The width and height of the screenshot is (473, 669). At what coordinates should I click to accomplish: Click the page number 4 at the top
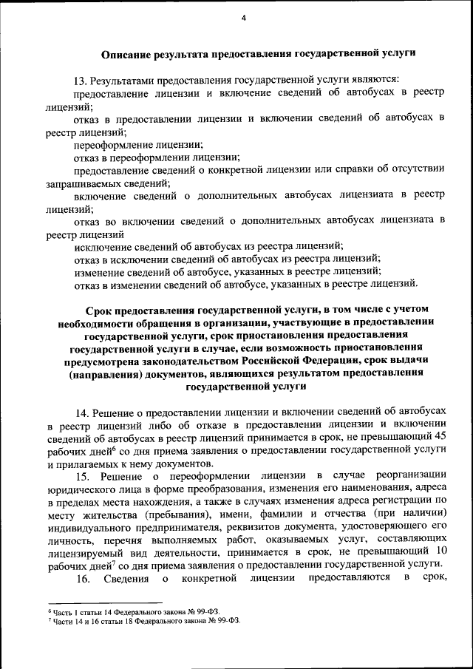point(242,18)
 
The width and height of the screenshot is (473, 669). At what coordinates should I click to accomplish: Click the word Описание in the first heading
point(127,53)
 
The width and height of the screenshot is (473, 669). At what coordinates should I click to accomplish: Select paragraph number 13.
point(80,79)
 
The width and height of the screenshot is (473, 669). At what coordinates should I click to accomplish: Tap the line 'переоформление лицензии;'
point(138,145)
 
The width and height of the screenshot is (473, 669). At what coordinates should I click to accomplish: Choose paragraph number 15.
point(81,475)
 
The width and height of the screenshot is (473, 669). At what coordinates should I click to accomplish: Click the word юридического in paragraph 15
point(81,488)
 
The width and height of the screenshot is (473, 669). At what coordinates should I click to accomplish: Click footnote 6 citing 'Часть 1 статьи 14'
point(134,613)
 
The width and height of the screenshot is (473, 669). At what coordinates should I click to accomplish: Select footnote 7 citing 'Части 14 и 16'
point(140,622)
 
